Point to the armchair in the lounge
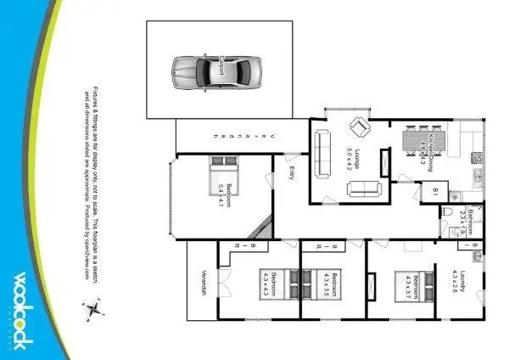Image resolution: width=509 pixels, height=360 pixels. pos(360,127)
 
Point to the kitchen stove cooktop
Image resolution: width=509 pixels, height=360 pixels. pos(477,157)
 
